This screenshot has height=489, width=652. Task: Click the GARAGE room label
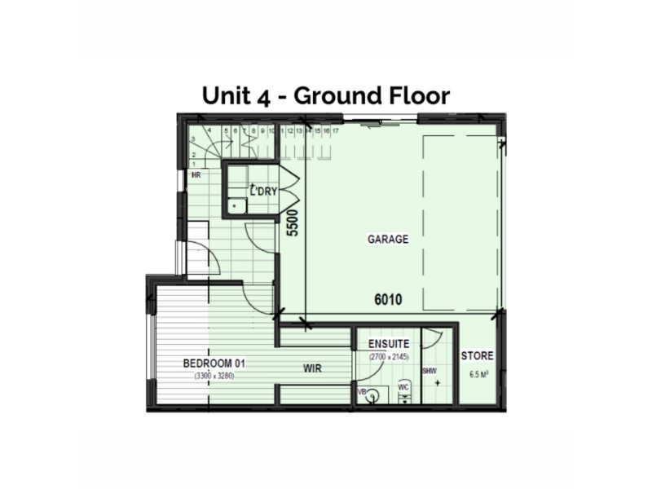[x=388, y=240]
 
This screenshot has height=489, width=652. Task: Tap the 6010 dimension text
[x=388, y=300]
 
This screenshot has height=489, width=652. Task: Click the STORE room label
[x=477, y=357]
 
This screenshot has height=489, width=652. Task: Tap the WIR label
[x=312, y=368]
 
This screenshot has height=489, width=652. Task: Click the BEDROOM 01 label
[x=214, y=363]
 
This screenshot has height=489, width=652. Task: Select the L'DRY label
[x=264, y=192]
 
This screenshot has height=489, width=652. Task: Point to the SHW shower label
[x=430, y=370]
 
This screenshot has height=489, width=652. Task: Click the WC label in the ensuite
[x=403, y=386]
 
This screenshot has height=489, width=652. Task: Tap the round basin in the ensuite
[x=374, y=397]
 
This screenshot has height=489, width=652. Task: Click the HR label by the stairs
[x=196, y=174]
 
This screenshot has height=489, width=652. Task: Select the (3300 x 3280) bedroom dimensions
[x=214, y=376]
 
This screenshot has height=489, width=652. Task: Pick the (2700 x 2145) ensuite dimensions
[x=389, y=358]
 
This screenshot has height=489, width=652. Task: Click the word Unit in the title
[x=228, y=96]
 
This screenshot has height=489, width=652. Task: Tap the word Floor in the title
[x=416, y=96]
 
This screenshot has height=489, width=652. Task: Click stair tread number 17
[x=335, y=130]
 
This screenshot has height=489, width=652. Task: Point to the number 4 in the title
[x=265, y=96]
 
